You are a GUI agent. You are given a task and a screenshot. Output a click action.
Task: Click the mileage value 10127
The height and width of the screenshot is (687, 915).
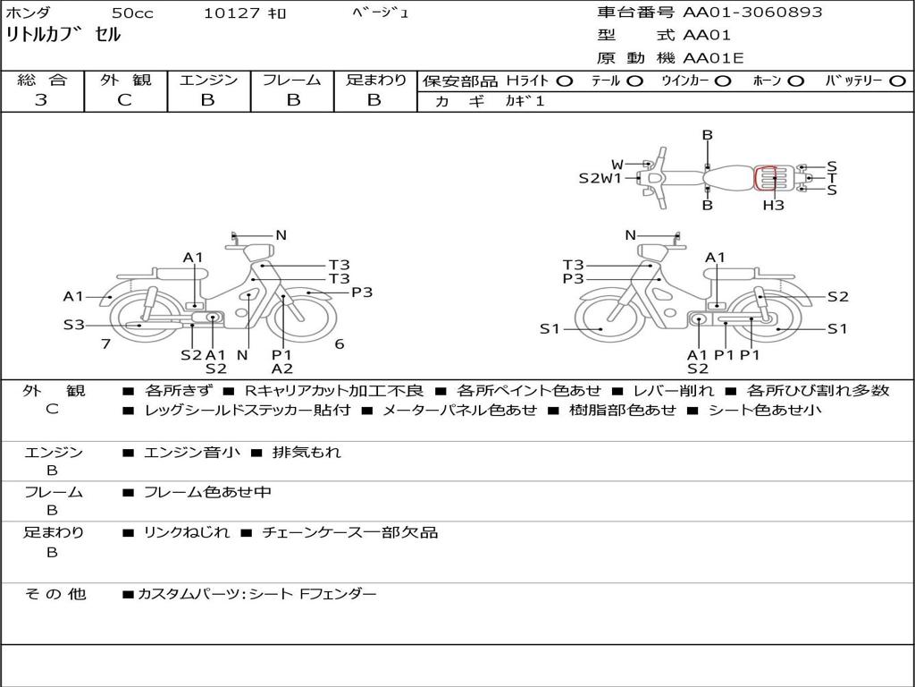[x=231, y=13]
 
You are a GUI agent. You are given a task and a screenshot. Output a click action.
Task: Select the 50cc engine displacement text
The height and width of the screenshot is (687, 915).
[x=131, y=13]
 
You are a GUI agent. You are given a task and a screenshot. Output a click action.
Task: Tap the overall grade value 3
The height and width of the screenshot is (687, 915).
[x=41, y=100]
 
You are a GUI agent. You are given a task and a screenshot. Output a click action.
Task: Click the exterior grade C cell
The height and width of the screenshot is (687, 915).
[x=124, y=100]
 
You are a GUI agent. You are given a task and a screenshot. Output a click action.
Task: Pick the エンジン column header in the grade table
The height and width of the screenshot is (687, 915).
[x=208, y=80]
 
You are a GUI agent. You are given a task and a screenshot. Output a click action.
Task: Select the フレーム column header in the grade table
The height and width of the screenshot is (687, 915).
[x=291, y=80]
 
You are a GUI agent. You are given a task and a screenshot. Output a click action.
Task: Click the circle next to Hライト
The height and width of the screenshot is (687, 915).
[x=564, y=81]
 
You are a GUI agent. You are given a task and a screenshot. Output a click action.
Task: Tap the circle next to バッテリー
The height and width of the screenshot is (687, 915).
[x=897, y=81]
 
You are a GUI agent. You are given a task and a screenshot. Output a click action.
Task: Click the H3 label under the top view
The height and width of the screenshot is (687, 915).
[x=773, y=205]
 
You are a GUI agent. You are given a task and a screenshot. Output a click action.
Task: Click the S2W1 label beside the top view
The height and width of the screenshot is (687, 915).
[x=600, y=178]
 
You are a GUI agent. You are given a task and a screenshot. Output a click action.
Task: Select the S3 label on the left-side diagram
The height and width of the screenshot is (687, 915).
[x=73, y=325]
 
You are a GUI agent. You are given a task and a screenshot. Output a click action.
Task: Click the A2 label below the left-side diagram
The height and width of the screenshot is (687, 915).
[x=282, y=368]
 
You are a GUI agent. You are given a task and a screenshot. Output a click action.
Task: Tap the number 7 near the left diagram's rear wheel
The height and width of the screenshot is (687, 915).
[x=105, y=343]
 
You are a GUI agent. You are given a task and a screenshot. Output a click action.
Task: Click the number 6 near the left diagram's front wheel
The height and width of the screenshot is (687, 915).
[x=340, y=343]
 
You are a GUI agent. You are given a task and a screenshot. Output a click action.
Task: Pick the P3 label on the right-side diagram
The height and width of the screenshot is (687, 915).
[x=573, y=279]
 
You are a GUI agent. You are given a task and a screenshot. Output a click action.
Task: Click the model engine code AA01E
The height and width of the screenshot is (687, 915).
[x=713, y=59]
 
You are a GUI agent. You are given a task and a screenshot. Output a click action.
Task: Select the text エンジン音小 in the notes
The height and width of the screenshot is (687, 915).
[x=192, y=453]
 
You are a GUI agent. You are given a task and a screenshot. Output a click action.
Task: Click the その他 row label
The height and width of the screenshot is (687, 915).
[x=55, y=594]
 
